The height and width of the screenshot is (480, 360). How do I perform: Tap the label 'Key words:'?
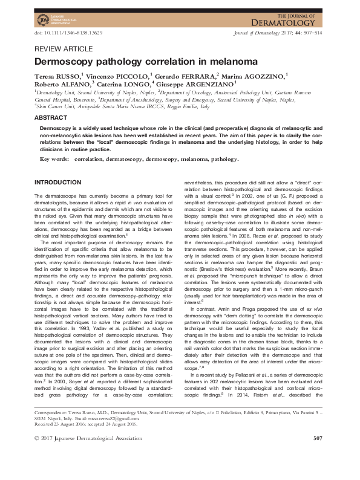54,159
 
